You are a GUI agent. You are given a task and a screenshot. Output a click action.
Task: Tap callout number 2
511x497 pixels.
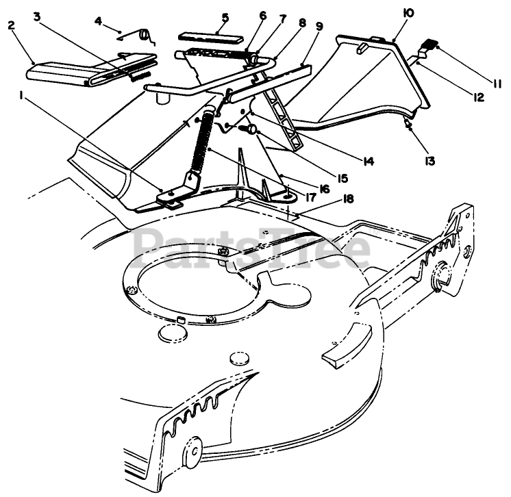coord(11,25)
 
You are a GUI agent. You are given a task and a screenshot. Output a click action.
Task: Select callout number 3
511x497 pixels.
coord(40,14)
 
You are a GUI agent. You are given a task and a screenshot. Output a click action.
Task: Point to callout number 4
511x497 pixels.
coord(99,21)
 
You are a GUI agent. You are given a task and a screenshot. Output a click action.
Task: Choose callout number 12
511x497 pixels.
coord(477,97)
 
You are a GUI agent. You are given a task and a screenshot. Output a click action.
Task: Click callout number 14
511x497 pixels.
coord(368,162)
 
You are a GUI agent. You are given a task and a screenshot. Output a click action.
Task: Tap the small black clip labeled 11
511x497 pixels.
coord(427,45)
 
